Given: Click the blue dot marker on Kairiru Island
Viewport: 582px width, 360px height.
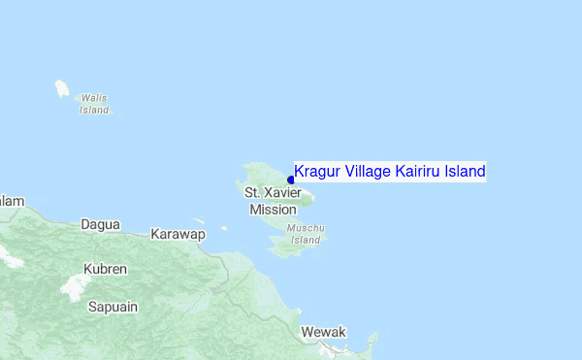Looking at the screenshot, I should tap(291, 180).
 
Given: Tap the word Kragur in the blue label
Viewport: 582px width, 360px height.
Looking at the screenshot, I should tap(317, 172).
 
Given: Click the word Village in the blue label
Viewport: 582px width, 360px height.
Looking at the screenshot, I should tap(367, 172).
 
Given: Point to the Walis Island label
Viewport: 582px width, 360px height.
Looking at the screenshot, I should tap(94, 104).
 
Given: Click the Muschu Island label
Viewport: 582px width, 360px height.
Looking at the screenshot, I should tap(306, 234).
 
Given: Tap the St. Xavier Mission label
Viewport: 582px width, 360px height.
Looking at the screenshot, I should tap(273, 201).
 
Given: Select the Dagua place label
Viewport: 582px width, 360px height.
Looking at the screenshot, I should tap(101, 224).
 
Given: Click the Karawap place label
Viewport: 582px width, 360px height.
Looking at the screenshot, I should tap(178, 234).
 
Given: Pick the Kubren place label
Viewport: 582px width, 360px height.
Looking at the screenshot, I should tap(105, 268).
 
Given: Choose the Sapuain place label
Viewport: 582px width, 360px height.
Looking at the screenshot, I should tap(113, 307).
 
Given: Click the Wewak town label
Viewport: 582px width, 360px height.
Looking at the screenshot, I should tap(324, 332).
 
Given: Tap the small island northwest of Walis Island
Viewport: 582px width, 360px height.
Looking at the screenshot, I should tap(62, 89).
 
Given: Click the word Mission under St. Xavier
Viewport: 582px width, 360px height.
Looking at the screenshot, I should tap(273, 209).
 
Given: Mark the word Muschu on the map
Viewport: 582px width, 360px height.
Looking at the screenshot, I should tap(307, 229).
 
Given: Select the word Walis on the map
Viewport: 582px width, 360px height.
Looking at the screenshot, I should tap(94, 98).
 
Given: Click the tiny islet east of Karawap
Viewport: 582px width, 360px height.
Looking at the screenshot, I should tap(224, 229).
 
